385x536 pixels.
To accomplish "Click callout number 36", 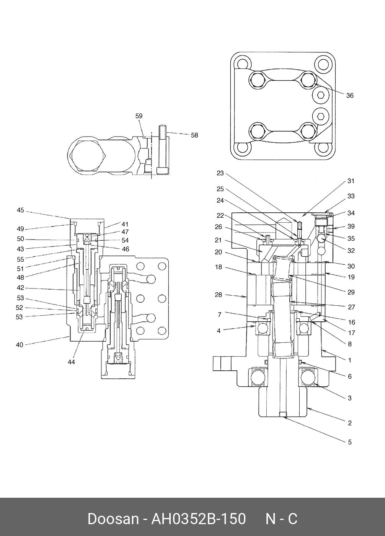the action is point(350,96).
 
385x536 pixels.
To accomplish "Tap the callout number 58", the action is point(194,135).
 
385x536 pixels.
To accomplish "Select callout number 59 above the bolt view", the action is point(139,116).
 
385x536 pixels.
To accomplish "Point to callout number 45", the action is point(20,210).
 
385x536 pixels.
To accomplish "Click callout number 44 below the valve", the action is point(71,362).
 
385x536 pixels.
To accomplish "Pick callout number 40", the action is point(20,345).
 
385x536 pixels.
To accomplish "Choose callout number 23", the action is point(220,173).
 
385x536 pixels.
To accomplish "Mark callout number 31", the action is point(351,181).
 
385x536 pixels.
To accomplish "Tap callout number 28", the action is point(219,295).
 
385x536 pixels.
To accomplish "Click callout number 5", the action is point(350,442).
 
